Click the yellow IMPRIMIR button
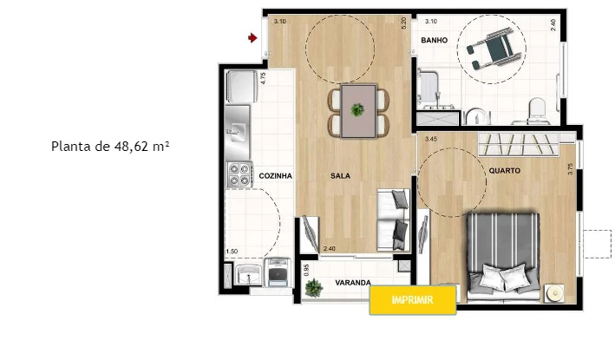point(413,300)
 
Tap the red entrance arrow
point(252,38)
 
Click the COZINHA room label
point(275,176)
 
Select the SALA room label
point(340,176)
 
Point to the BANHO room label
point(435,40)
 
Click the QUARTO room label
point(504,171)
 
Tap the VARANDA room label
point(353,282)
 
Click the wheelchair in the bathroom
point(492,49)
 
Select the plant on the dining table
point(357,110)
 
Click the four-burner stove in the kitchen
point(239,174)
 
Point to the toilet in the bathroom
point(537,111)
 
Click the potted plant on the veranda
point(314,288)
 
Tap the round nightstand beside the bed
point(554,293)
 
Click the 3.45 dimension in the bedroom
point(431,139)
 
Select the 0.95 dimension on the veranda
point(307,270)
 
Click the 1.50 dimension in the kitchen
point(232,251)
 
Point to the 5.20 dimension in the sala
point(403,24)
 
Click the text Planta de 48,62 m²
point(110,147)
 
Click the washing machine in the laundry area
point(278,272)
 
